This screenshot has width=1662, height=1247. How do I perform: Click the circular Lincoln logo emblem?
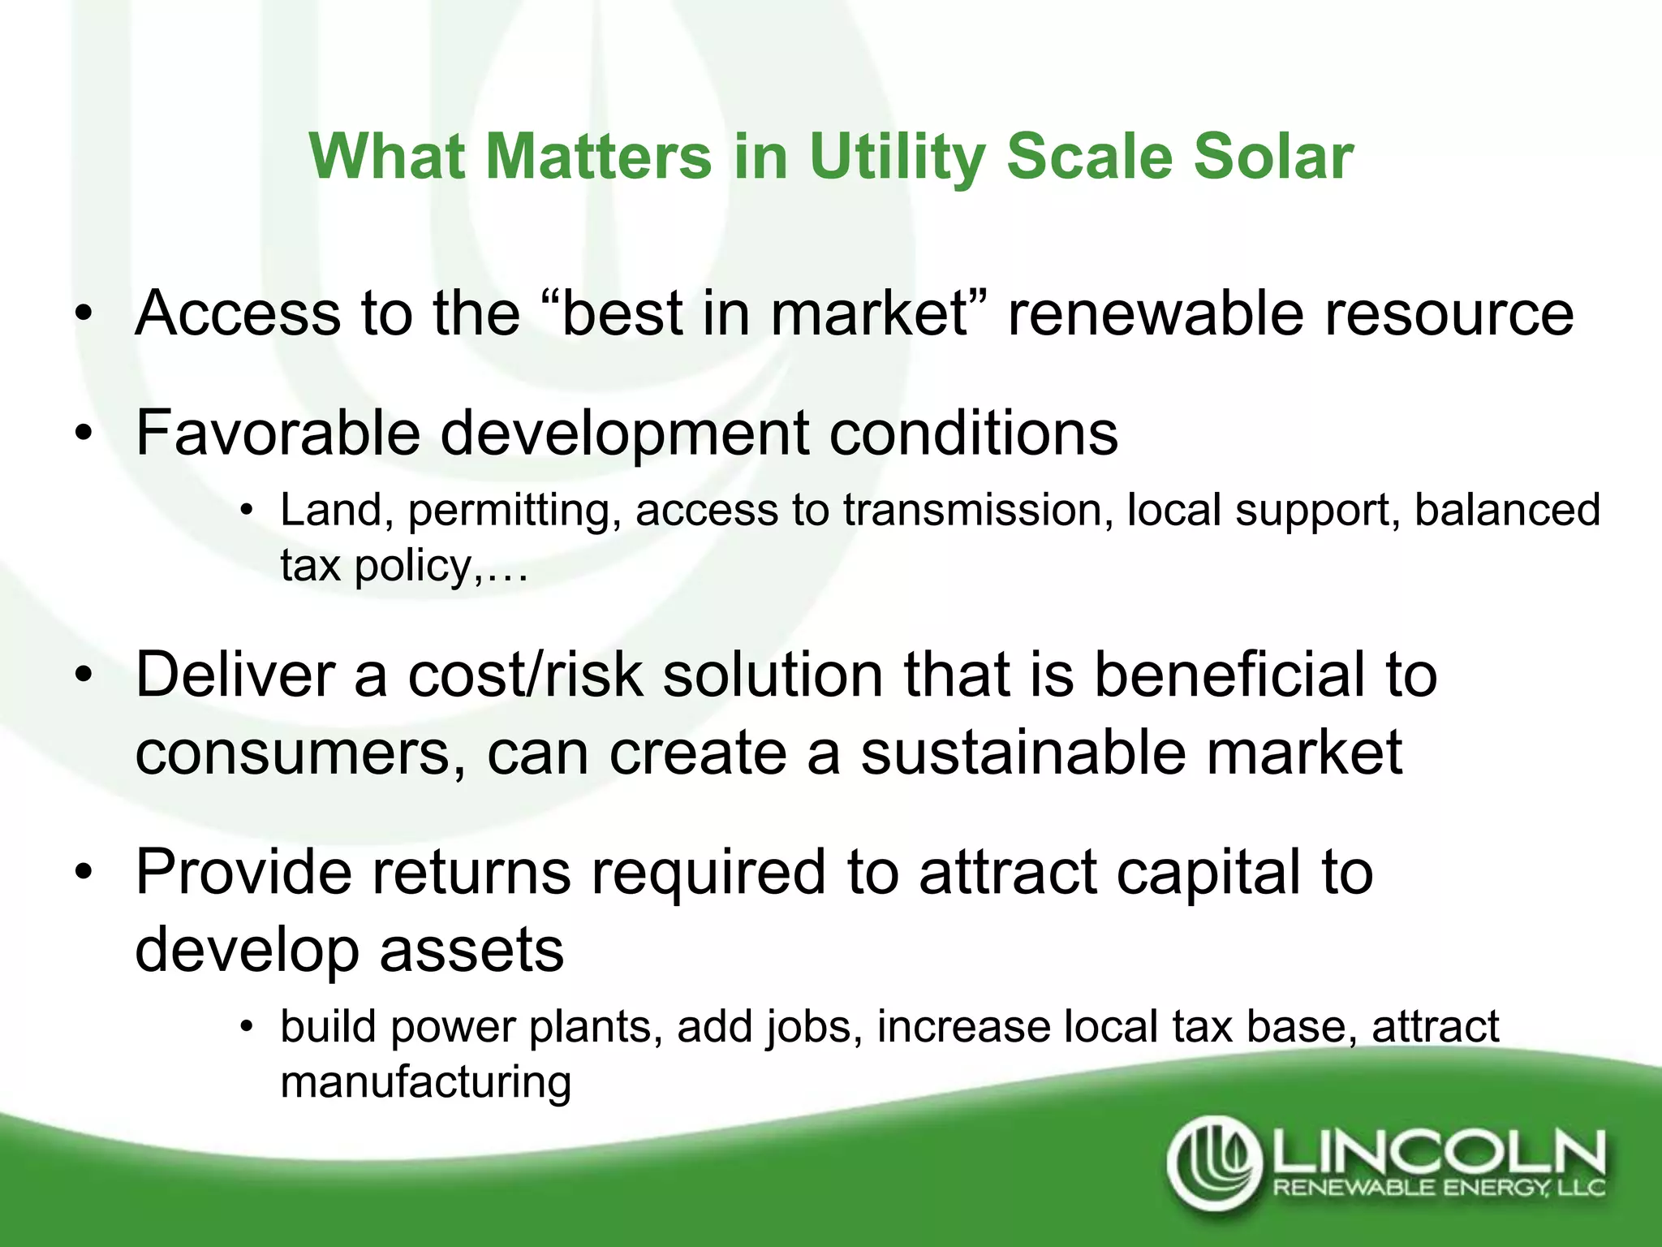(1215, 1162)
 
